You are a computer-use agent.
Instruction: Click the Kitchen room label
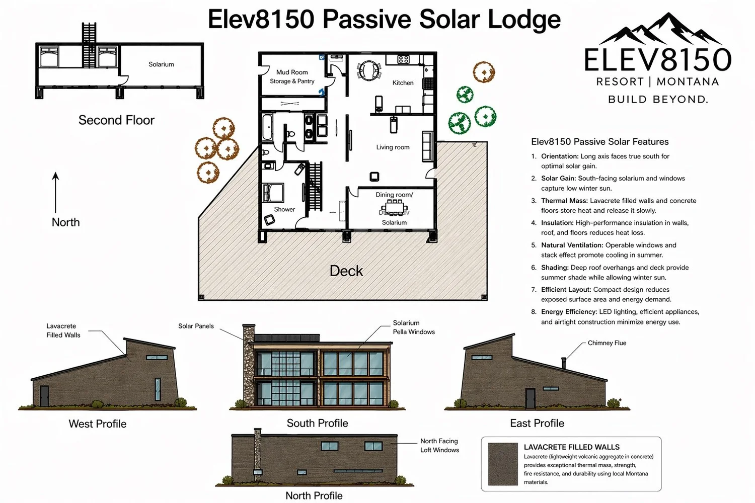coord(403,83)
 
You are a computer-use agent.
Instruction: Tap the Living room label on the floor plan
coord(393,147)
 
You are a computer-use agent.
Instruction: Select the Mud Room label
coord(292,72)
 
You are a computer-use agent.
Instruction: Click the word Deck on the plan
coord(346,271)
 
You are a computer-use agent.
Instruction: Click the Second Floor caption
coord(116,120)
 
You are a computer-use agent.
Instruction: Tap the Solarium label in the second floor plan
coord(161,64)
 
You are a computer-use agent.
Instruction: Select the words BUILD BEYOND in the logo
coord(658,100)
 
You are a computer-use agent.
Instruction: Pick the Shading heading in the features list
coord(555,268)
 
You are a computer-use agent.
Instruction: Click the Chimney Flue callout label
coord(607,343)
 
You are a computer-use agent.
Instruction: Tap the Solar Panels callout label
coord(196,326)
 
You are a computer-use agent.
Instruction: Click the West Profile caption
coord(98,424)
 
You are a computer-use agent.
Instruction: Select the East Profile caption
coord(537,424)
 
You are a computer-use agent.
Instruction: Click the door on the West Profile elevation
coord(44,396)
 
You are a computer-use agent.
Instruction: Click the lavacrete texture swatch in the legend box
coord(503,464)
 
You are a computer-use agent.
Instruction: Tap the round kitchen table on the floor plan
coord(369,69)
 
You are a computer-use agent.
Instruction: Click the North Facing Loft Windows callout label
coord(439,446)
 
